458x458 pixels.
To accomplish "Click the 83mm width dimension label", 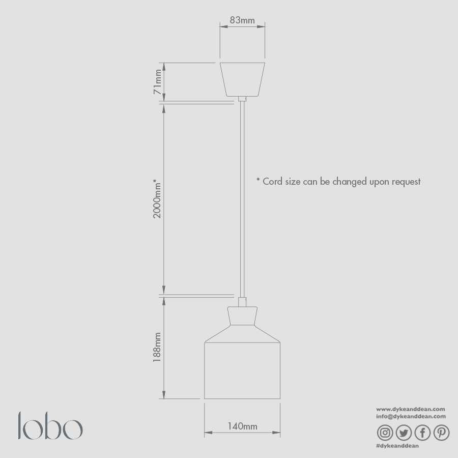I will pos(242,20).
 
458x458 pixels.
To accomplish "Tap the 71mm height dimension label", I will pos(158,83).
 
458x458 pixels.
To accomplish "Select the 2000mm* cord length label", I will pos(157,198).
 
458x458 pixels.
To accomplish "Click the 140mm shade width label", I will pos(242,426).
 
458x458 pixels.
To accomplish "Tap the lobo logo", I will pos(50,426).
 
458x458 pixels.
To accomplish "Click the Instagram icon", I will pos(385,433).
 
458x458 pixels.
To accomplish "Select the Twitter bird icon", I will pos(404,433).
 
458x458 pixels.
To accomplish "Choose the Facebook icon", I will pos(422,433).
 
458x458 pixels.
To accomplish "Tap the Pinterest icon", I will pos(441,433).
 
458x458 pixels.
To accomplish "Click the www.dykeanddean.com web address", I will pos(411,409).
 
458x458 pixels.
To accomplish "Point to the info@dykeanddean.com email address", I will pos(411,416).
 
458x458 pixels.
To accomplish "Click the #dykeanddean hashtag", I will pos(397,446).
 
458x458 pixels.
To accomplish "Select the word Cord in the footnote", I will pos(273,181).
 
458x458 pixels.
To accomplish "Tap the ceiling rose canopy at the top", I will pos(242,79).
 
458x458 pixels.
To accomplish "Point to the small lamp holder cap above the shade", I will pos(242,316).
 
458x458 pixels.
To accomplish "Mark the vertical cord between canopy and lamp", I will pos(242,198).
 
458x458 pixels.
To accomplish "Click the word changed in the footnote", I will pos(350,182).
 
